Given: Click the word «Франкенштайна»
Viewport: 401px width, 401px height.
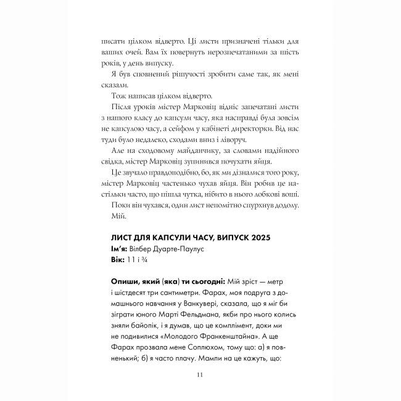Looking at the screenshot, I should pyautogui.click(x=235, y=338).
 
